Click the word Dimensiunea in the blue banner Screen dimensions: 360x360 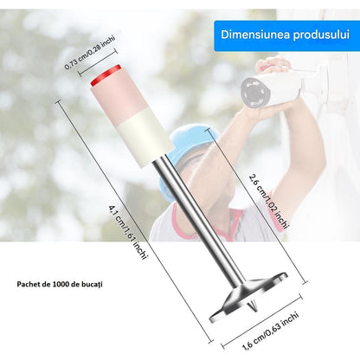(x=255, y=35)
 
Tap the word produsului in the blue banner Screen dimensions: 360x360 (x=321, y=35)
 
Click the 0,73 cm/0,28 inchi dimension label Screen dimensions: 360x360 (x=90, y=52)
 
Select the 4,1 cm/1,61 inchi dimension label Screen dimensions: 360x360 (x=128, y=232)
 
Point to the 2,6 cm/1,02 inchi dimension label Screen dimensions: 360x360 (x=268, y=202)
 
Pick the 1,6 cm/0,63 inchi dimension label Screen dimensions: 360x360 (x=270, y=331)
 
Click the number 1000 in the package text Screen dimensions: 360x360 (x=61, y=284)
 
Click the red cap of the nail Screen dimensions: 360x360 (x=106, y=75)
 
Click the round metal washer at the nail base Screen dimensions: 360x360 (x=248, y=297)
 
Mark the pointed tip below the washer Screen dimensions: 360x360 (x=253, y=307)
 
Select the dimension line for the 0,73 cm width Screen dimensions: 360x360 (x=98, y=62)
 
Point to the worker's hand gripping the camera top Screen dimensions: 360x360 (x=273, y=65)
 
